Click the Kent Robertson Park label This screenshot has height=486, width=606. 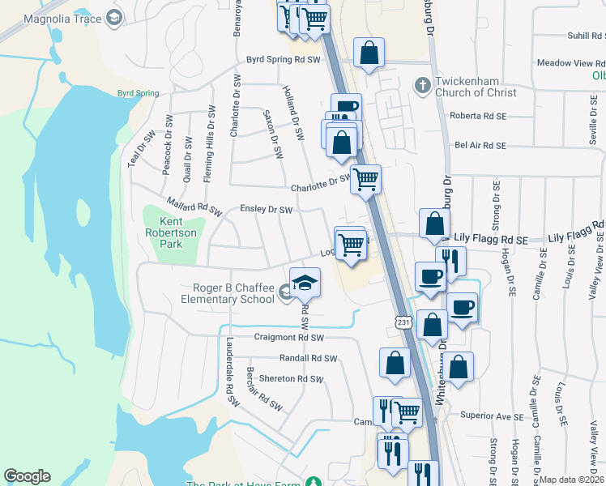coord(170,232)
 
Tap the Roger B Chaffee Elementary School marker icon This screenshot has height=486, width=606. coord(286,292)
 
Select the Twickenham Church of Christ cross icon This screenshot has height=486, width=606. coord(422,85)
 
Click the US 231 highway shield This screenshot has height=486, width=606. coord(403,322)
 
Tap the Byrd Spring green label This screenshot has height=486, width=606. coord(138,93)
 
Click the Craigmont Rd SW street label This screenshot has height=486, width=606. coord(289,338)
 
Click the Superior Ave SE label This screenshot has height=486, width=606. coord(493,416)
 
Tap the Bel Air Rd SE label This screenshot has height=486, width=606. coord(480,146)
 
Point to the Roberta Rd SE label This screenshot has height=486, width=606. coord(477,116)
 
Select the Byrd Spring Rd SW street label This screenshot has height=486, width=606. coord(284,60)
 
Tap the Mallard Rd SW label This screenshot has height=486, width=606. coord(194,206)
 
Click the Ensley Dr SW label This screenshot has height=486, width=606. coord(266,210)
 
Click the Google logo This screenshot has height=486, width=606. coord(28,476)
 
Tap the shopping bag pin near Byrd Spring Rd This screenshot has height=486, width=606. coord(369,54)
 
